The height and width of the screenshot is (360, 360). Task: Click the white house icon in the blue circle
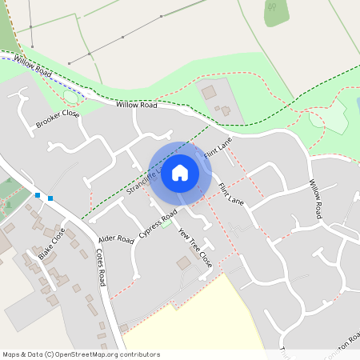pyautogui.click(x=180, y=173)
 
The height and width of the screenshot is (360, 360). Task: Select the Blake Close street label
pyautogui.click(x=51, y=244)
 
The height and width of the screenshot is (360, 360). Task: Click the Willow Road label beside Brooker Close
pyautogui.click(x=137, y=105)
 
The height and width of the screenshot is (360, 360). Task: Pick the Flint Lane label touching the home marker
pyautogui.click(x=218, y=149)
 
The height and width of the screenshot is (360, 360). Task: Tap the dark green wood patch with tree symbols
pyautogui.click(x=277, y=11)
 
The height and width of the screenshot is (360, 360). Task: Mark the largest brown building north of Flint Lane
pyautogui.click(x=209, y=93)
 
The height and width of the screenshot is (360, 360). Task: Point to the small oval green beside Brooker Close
pyautogui.click(x=71, y=98)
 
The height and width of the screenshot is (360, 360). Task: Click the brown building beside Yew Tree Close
pyautogui.click(x=185, y=262)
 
